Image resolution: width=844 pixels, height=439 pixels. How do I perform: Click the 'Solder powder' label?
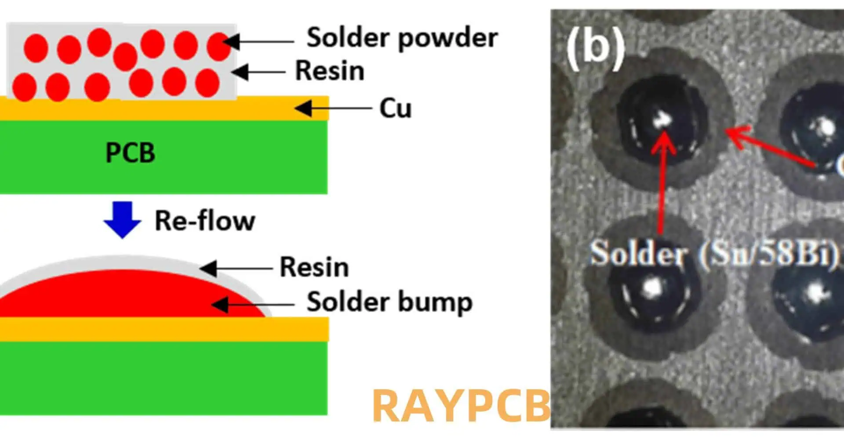click(x=402, y=38)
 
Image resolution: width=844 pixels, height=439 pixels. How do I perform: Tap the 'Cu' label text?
click(x=395, y=108)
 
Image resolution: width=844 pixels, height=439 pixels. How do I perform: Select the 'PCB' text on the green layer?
click(x=130, y=153)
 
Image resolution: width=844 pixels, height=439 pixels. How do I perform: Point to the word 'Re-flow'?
click(x=205, y=220)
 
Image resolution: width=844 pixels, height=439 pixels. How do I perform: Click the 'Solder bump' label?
click(x=389, y=302)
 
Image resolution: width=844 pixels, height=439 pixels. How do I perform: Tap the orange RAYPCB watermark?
click(x=461, y=406)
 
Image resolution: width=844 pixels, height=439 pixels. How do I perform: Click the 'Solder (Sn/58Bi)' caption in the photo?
click(x=714, y=254)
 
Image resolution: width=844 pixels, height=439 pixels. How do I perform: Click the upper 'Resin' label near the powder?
click(x=330, y=71)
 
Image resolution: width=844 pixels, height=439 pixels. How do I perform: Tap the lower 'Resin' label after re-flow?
click(x=314, y=267)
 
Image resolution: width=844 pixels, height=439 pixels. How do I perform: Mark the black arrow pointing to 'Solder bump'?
click(x=253, y=304)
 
